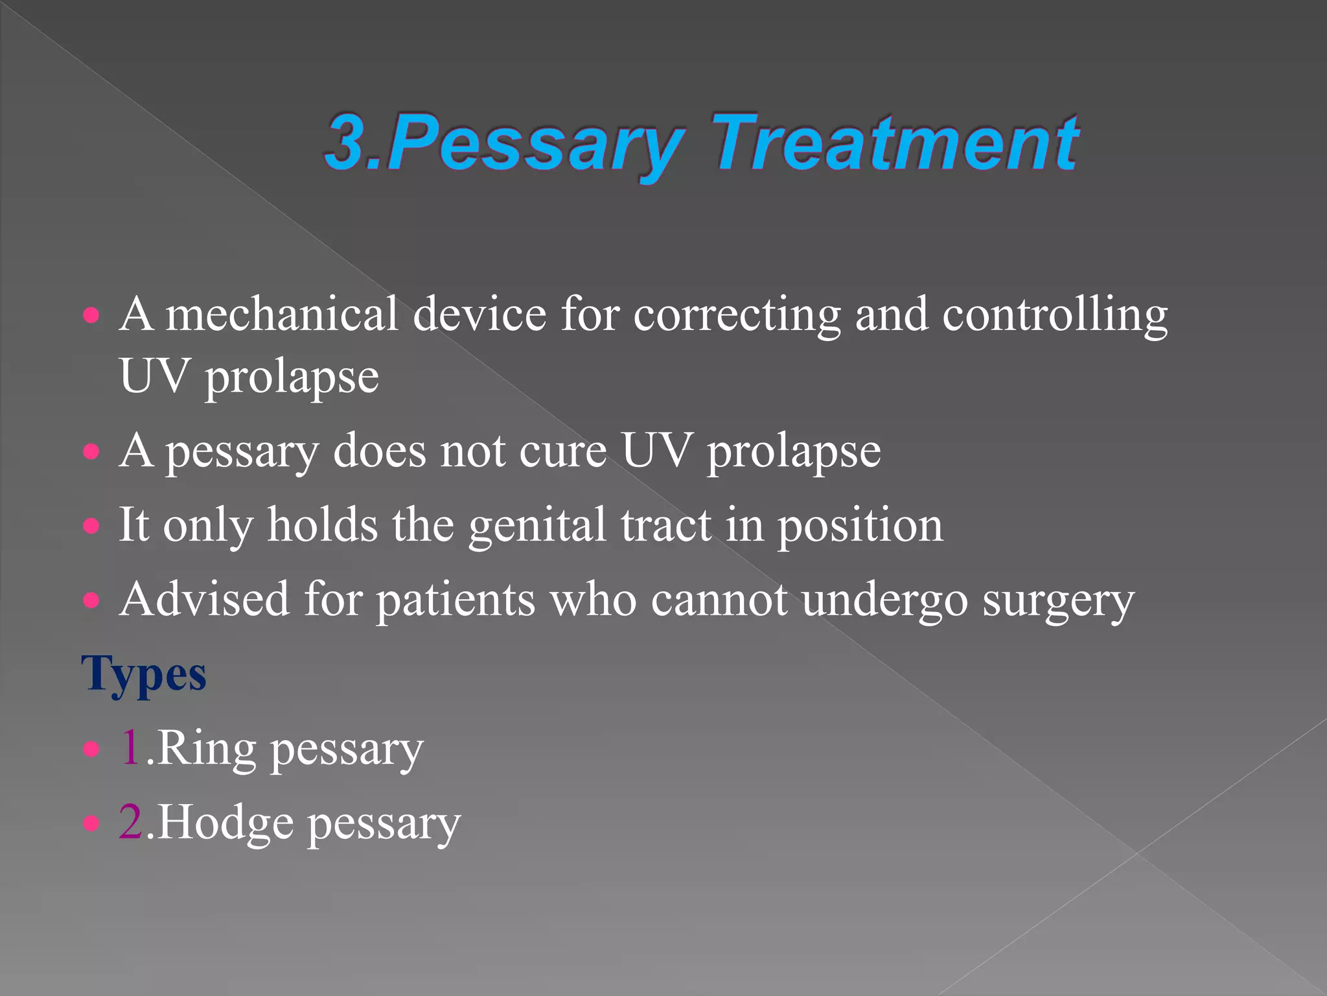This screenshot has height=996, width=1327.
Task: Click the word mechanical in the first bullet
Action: (281, 314)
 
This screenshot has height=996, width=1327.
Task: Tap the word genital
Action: (537, 526)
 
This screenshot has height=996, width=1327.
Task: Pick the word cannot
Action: (719, 599)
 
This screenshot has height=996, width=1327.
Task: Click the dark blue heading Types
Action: (144, 674)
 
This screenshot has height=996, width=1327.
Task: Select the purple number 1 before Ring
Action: (130, 748)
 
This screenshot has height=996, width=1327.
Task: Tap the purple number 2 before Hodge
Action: (130, 822)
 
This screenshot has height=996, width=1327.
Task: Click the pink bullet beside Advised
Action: (92, 600)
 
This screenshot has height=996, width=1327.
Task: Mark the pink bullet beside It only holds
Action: (92, 525)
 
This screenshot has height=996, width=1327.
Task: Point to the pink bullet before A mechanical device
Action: (92, 316)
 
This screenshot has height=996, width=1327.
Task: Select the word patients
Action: (456, 600)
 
